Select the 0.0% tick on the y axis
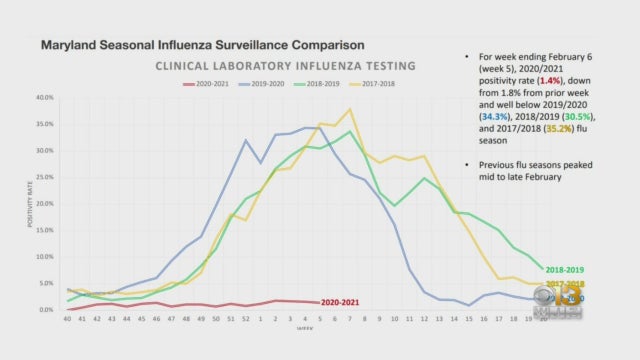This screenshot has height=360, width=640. [45, 310]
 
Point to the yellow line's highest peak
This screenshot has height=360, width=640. [349, 109]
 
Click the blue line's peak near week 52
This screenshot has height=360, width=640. [245, 140]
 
